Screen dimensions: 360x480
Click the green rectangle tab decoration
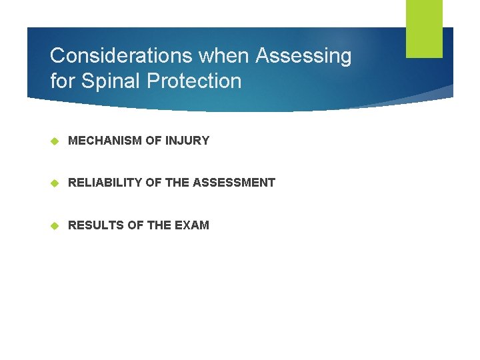tap(424, 28)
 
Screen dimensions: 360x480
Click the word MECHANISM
tap(105, 141)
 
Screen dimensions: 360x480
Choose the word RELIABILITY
tap(105, 183)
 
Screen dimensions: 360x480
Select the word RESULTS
tap(95, 225)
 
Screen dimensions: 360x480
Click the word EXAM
tap(192, 225)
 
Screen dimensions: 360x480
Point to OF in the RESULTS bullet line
tap(135, 225)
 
